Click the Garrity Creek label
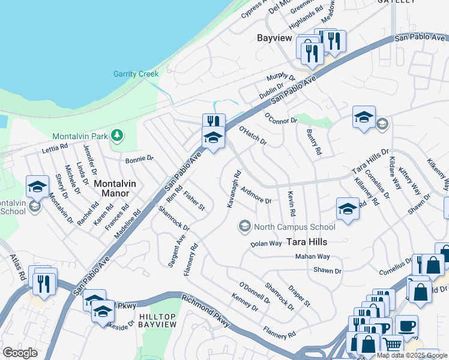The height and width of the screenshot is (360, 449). pyautogui.click(x=136, y=74)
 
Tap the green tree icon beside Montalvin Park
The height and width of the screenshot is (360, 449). pyautogui.click(x=118, y=136)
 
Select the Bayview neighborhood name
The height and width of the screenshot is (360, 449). pyautogui.click(x=274, y=38)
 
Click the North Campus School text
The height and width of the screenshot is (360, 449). pyautogui.click(x=294, y=227)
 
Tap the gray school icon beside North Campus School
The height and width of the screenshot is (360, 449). pyautogui.click(x=244, y=226)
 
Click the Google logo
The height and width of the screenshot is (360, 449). pyautogui.click(x=20, y=352)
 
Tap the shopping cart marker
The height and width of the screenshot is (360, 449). pyautogui.click(x=392, y=344)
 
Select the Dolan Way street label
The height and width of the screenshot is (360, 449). pyautogui.click(x=266, y=244)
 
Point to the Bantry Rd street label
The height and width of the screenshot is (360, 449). pyautogui.click(x=314, y=142)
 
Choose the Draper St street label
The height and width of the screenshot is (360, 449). pyautogui.click(x=298, y=296)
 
